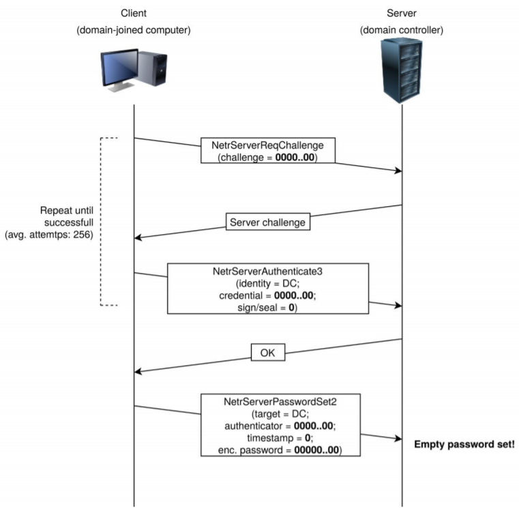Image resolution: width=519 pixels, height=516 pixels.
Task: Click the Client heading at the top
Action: click(x=134, y=13)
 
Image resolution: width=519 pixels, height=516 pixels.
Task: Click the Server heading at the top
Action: click(x=402, y=13)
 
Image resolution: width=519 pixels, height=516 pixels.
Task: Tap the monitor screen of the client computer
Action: click(x=120, y=68)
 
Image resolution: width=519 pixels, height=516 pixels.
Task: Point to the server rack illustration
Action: click(x=402, y=70)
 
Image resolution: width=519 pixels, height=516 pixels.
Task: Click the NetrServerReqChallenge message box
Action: click(x=268, y=150)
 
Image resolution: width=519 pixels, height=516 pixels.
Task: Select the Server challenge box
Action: click(x=268, y=222)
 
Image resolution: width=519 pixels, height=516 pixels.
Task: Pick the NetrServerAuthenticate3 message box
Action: click(x=268, y=289)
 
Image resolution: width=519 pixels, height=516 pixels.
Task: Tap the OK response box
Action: click(x=268, y=352)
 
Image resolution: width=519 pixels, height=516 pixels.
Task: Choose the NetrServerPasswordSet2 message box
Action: click(x=280, y=425)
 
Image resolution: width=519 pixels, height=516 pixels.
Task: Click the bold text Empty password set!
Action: click(x=464, y=444)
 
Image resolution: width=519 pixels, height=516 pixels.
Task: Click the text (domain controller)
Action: click(x=402, y=30)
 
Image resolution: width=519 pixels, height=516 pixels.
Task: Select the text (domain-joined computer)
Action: click(x=134, y=30)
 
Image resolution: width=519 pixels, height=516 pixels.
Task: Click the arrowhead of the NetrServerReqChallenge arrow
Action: click(x=398, y=171)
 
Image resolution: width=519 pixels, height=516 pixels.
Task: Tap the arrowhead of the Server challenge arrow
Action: click(x=138, y=238)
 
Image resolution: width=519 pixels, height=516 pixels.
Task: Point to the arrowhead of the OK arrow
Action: click(x=138, y=371)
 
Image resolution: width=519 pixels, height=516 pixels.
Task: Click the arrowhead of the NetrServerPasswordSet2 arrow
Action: click(x=398, y=438)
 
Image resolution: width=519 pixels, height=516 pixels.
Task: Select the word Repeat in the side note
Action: click(x=54, y=211)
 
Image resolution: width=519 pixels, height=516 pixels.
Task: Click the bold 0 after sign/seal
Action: click(x=291, y=308)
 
